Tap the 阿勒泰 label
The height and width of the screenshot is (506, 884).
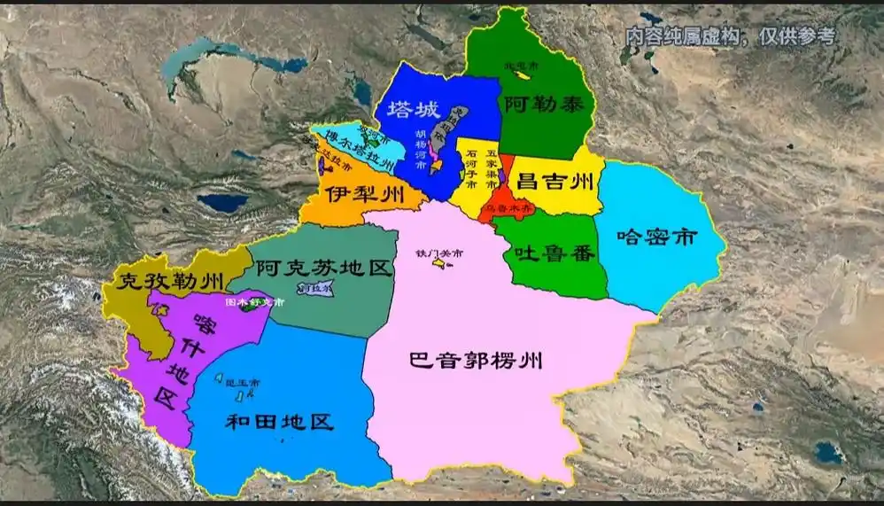(x=536, y=103)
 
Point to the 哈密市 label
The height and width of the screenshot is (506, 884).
(x=657, y=237)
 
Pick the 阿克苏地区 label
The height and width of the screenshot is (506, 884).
(x=322, y=268)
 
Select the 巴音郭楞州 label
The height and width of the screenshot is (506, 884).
(x=476, y=361)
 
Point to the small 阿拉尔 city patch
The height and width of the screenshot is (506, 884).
(x=315, y=289)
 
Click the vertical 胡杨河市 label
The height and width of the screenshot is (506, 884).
(x=420, y=149)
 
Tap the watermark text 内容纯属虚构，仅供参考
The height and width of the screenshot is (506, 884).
(x=729, y=37)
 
